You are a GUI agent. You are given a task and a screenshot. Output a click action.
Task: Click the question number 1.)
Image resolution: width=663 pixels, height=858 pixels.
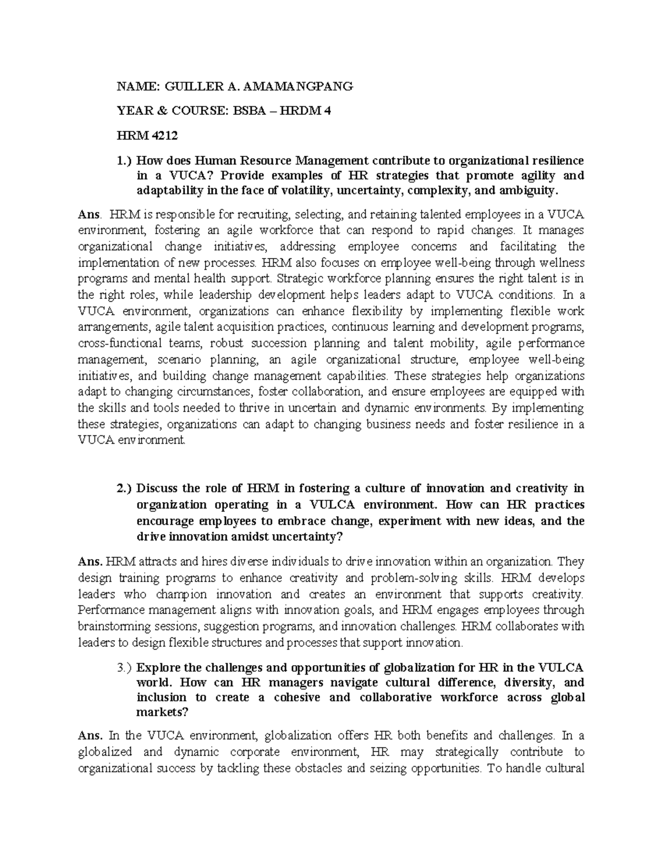tap(124, 161)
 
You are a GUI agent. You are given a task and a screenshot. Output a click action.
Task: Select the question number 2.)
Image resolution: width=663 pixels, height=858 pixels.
tap(124, 488)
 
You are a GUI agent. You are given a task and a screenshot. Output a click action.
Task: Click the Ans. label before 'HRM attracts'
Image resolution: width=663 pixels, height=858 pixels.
tap(90, 562)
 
